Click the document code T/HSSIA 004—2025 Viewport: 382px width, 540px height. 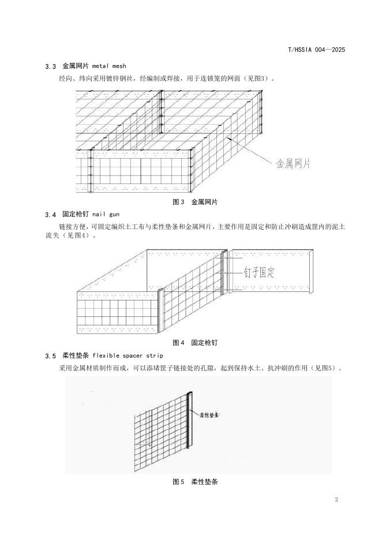click(x=316, y=50)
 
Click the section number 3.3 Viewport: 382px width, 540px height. click(x=50, y=67)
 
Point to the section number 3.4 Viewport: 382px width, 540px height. click(x=50, y=215)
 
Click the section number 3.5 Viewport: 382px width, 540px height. click(x=50, y=355)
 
